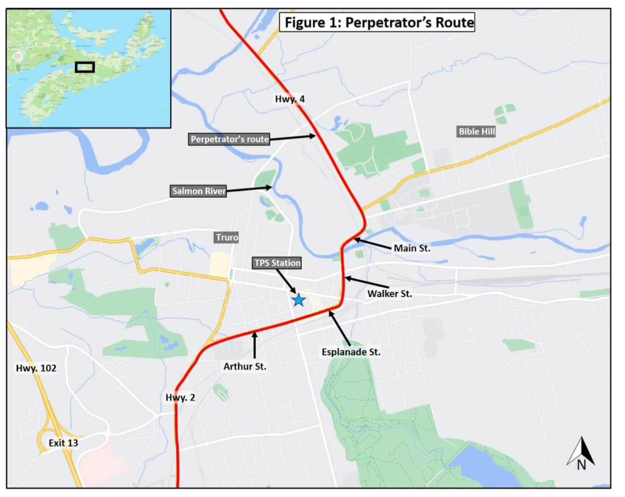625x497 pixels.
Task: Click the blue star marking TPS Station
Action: [x=299, y=300]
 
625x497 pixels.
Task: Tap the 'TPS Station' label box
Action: [x=277, y=263]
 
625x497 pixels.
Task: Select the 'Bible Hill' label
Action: [x=476, y=131]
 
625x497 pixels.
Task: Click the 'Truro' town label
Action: [x=227, y=237]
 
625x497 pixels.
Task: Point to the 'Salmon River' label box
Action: [x=199, y=191]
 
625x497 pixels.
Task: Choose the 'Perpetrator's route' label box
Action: [x=230, y=139]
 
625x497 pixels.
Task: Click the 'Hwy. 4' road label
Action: [x=290, y=99]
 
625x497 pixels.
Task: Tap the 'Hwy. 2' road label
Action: [x=180, y=397]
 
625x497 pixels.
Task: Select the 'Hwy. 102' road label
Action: [x=36, y=368]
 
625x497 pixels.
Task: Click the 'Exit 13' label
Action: [x=63, y=443]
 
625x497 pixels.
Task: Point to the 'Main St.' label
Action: [x=412, y=248]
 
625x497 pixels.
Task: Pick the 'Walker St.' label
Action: [x=389, y=294]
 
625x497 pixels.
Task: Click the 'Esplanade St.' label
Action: [x=351, y=352]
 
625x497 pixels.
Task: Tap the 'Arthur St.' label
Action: [x=245, y=366]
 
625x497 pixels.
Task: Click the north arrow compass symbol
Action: [x=582, y=453]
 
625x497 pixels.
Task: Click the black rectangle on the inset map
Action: [x=85, y=67]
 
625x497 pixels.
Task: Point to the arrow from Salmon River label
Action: [x=249, y=189]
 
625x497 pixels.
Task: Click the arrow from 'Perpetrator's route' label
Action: [x=292, y=137]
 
